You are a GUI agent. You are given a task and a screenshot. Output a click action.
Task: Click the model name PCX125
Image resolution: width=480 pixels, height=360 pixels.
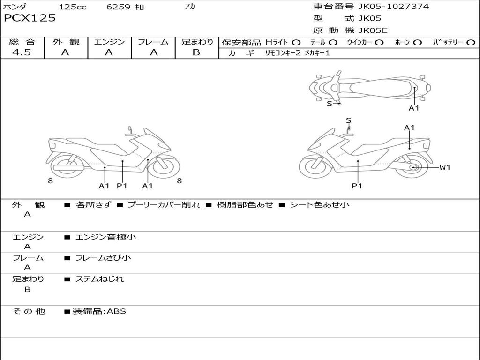[x=30, y=18]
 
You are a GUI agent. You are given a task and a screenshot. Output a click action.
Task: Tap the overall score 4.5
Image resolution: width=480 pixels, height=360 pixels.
[x=22, y=52]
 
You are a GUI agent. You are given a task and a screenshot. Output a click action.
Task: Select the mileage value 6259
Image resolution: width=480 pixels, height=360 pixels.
[x=119, y=7]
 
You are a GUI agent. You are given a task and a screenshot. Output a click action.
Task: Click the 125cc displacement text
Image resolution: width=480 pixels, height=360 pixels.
[x=73, y=7]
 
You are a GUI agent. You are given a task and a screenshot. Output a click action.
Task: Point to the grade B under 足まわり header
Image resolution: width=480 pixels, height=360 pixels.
[x=196, y=52]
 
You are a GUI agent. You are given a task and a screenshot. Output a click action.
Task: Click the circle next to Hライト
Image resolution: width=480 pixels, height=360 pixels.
[x=296, y=43]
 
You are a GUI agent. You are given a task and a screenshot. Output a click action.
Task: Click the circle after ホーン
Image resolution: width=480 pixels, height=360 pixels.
[x=417, y=43]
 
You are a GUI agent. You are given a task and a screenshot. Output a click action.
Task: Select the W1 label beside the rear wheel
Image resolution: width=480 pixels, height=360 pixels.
[x=444, y=167]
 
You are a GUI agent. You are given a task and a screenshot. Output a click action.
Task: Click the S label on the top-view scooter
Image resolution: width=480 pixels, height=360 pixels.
[x=329, y=104]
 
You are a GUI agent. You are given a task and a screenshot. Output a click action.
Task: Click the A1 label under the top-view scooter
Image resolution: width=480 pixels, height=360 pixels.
[x=414, y=108]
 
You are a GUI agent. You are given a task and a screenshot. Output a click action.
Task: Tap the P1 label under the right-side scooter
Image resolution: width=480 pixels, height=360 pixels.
[x=357, y=186]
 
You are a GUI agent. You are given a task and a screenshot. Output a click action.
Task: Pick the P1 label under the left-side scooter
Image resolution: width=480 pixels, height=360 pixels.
[x=122, y=186]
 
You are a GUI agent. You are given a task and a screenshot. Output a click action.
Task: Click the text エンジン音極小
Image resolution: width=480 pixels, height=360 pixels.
[x=106, y=237]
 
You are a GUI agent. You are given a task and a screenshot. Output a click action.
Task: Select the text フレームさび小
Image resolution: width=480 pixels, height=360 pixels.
[x=103, y=258]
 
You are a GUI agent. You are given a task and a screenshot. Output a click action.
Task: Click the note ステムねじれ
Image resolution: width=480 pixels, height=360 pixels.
[x=99, y=279]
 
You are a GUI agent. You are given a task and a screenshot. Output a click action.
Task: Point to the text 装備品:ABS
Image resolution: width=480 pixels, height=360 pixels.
[x=99, y=311]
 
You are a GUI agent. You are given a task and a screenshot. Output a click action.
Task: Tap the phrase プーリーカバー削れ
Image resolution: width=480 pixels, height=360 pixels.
[x=164, y=205]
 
